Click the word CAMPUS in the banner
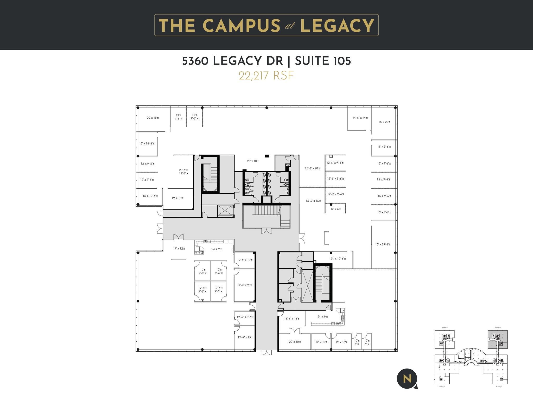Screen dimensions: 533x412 point(241,26)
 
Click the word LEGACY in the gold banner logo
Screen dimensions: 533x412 point(337,26)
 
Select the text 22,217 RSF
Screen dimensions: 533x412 point(266,76)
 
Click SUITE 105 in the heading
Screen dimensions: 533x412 point(323,61)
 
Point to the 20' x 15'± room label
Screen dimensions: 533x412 point(153,118)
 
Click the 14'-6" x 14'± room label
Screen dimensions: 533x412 point(360,118)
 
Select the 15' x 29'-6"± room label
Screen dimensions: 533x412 point(383,244)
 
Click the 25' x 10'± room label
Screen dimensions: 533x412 point(253,161)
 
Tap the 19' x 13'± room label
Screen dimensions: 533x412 point(177,198)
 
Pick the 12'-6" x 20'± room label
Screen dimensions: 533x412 point(245,285)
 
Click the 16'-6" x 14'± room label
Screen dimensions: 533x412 point(292,319)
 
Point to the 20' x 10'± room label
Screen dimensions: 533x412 point(295,342)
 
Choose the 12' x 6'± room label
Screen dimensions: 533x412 point(336,209)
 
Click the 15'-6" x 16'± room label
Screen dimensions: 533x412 point(313,201)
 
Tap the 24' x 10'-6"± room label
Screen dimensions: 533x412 point(338,259)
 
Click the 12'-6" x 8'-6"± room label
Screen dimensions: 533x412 point(245,317)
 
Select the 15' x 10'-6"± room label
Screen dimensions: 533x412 point(150,196)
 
